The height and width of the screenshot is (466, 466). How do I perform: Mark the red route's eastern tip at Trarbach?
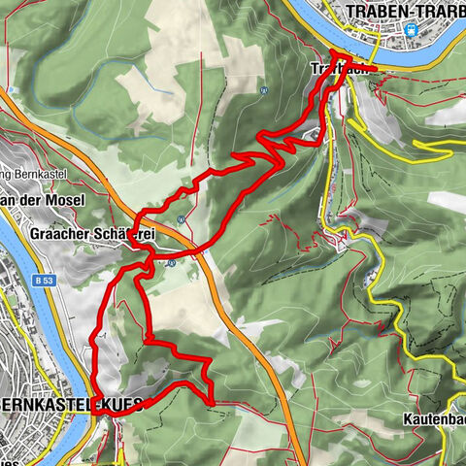[375, 69]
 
